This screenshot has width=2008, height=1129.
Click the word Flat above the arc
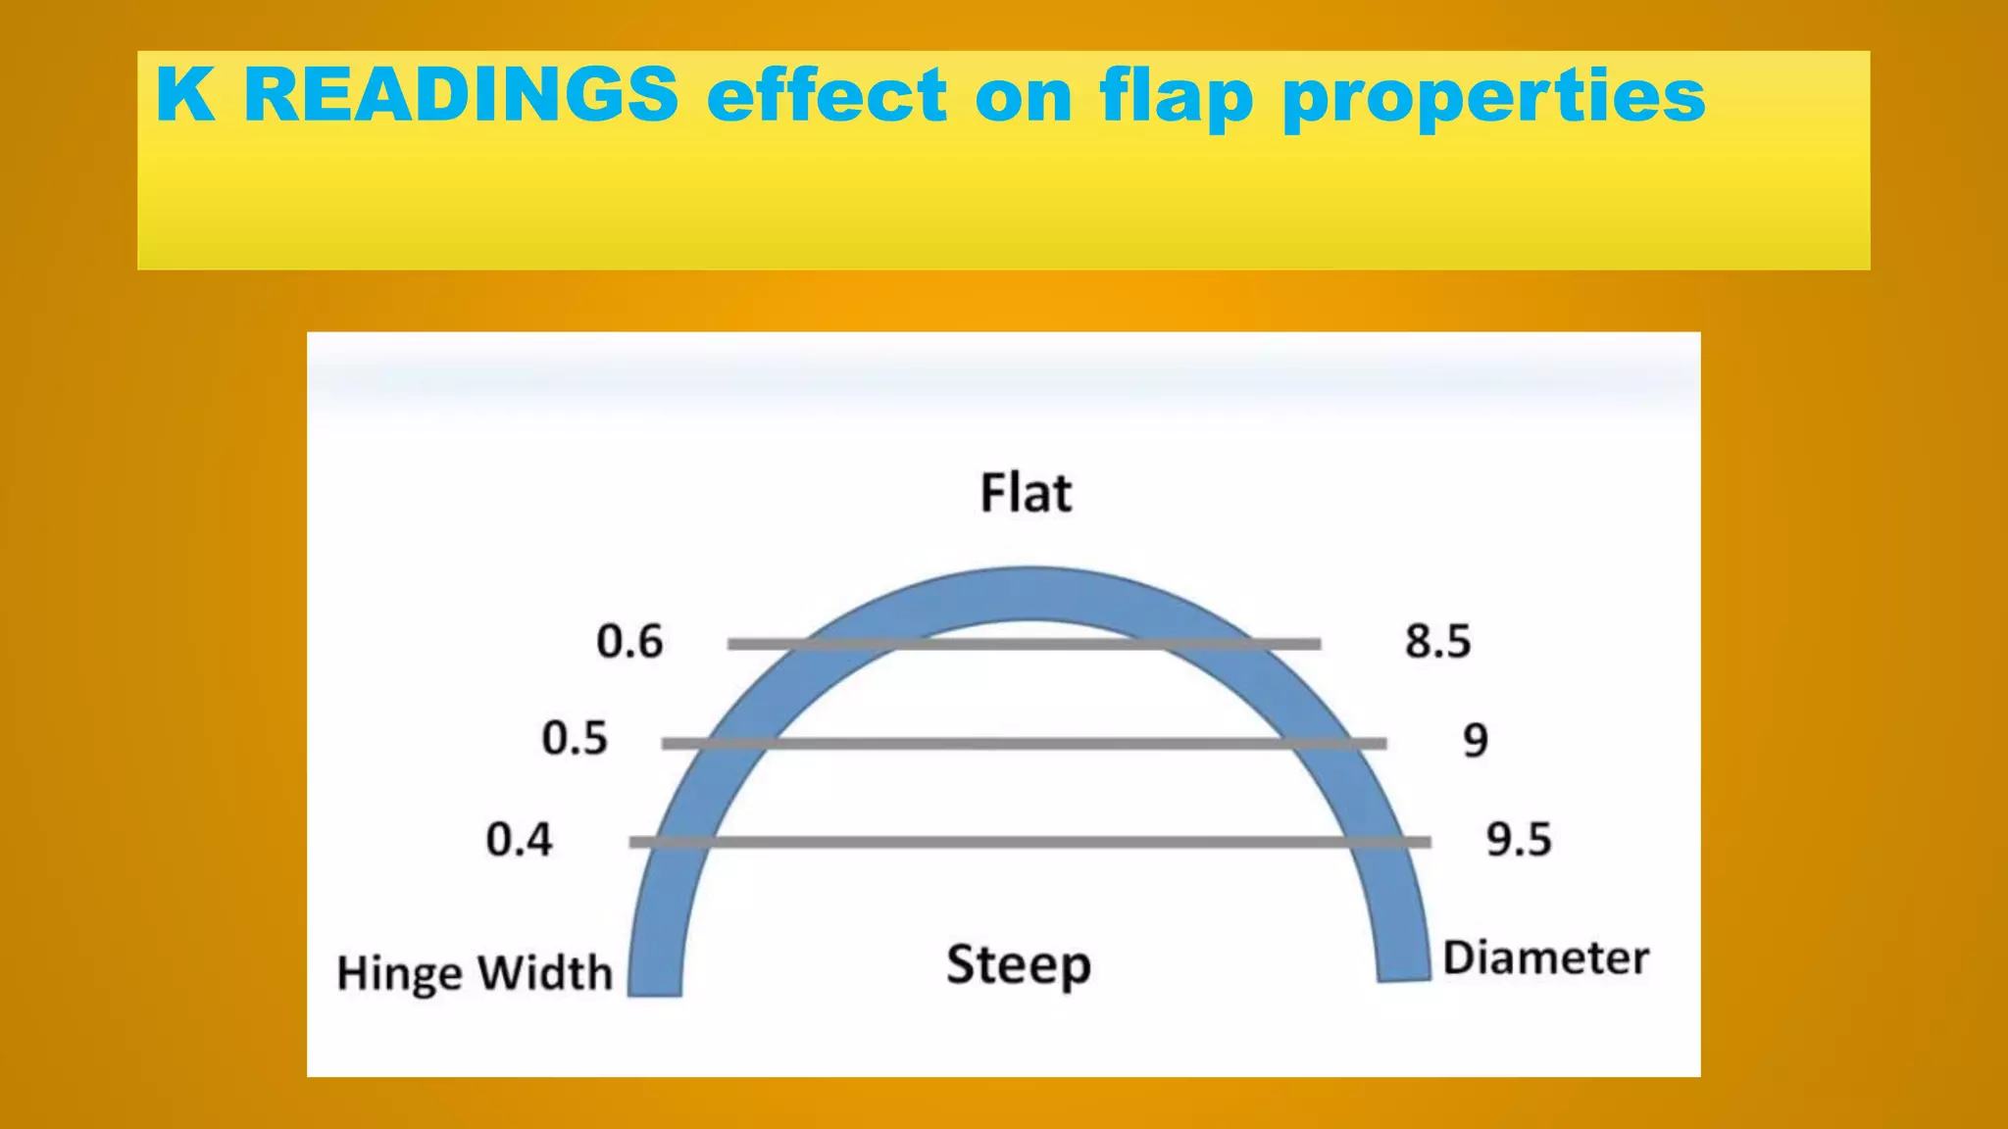1026,493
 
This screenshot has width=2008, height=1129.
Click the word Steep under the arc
1018,965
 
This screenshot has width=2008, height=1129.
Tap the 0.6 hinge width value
629,642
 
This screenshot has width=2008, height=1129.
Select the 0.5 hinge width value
575,738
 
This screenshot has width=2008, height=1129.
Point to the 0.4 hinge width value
519,840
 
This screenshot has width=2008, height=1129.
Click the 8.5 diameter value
1437,642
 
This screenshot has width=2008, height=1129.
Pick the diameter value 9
1475,741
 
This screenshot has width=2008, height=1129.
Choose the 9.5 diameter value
1519,840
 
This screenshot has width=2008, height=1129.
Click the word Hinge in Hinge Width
398,974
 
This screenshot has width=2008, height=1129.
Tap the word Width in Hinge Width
544,973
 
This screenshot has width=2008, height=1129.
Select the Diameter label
1545,957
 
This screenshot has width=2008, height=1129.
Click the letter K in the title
184,95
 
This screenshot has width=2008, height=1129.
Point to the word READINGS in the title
461,95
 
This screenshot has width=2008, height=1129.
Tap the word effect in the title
827,95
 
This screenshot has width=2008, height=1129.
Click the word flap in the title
1176,97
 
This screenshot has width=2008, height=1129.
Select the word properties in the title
1493,97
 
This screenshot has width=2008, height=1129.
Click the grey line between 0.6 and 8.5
1024,644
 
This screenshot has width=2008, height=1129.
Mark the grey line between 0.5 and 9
1024,744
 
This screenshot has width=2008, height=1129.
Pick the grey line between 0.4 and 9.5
1029,842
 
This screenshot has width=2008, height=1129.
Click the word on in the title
1024,97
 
